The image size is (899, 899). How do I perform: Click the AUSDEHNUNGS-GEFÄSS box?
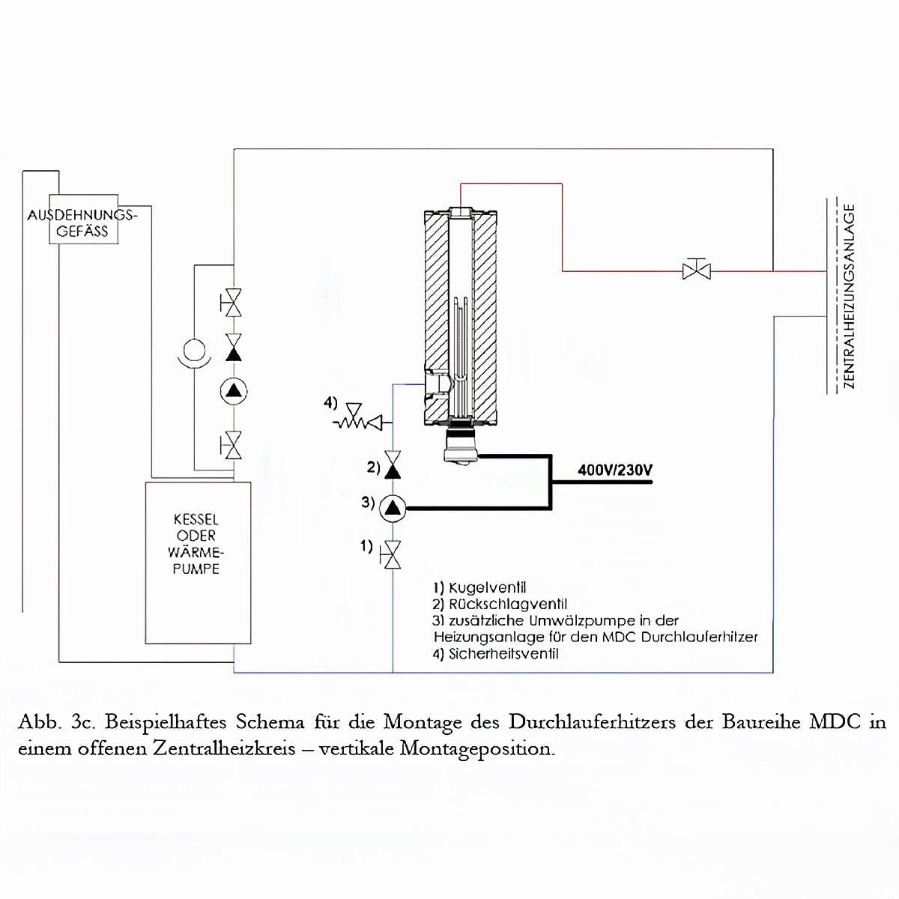coord(82,223)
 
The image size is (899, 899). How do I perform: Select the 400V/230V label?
coord(615,470)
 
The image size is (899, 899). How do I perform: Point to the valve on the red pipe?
coord(697,269)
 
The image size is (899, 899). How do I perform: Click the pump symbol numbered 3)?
coord(393,509)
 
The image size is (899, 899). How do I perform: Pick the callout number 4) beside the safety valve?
coord(331,404)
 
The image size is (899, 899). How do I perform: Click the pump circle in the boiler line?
coord(234,390)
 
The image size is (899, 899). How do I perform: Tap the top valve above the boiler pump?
coord(234,302)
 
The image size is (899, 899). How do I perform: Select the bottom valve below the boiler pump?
coord(234,445)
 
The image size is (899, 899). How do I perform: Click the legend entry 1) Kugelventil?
coord(479,587)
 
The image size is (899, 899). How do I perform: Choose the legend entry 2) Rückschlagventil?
coord(500,604)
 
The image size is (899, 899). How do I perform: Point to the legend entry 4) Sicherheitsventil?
coord(496,653)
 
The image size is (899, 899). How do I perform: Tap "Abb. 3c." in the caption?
coord(55,723)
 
